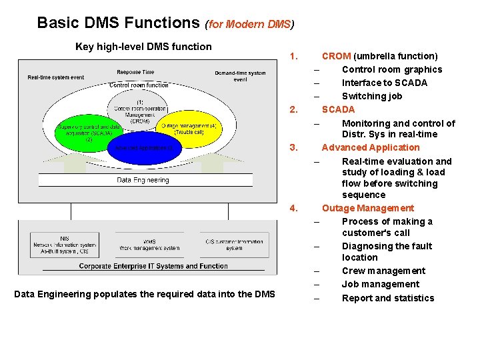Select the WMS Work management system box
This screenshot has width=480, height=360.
(x=150, y=245)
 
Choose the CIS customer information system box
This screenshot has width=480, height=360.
(x=234, y=245)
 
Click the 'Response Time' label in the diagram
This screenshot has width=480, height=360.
(x=135, y=72)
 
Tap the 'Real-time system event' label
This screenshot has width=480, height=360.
(x=56, y=77)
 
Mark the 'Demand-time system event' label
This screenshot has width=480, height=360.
(x=240, y=76)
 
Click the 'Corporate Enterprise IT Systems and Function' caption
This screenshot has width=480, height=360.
(x=153, y=266)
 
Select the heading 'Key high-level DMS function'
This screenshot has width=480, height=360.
(x=143, y=47)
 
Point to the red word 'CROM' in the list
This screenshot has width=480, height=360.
(x=336, y=56)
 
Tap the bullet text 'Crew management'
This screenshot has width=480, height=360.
(x=383, y=271)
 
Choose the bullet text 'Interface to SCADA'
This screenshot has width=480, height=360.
(x=385, y=83)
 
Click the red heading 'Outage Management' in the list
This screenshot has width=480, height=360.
(x=367, y=208)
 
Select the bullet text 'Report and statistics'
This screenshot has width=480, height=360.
(x=388, y=298)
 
